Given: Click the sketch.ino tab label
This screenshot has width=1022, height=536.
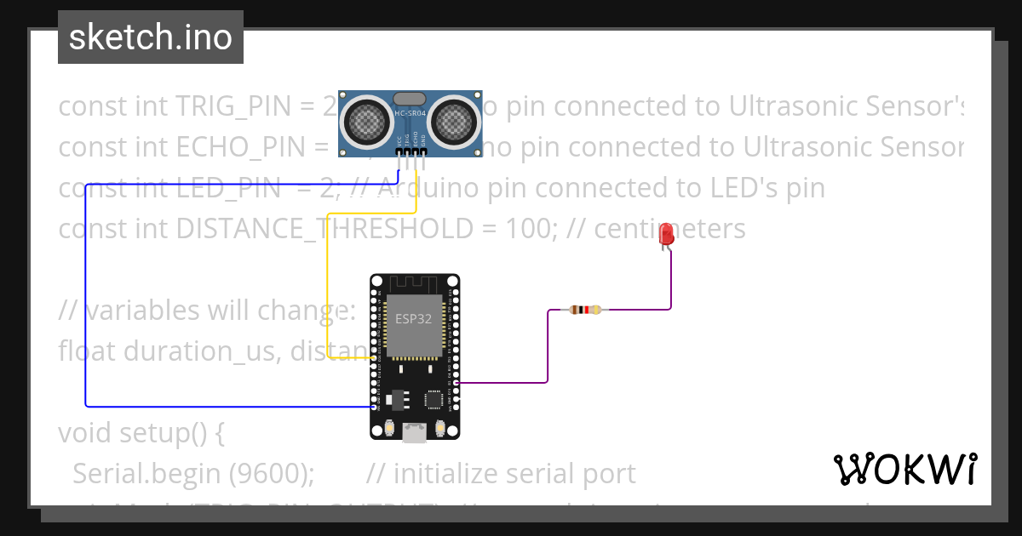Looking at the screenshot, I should [150, 37].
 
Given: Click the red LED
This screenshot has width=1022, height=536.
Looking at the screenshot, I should [667, 235].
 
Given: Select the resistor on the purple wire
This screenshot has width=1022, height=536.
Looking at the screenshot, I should [584, 310].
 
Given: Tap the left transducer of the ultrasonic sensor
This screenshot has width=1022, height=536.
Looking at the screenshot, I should [366, 120].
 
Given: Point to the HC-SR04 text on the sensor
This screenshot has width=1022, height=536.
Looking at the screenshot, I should [410, 111].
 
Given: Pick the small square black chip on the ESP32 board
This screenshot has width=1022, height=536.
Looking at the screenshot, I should [435, 398].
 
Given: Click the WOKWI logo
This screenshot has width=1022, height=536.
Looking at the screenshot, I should [904, 469].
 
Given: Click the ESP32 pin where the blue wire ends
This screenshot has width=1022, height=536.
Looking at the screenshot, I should [374, 407].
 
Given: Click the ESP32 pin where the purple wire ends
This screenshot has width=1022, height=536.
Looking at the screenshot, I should [456, 383].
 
